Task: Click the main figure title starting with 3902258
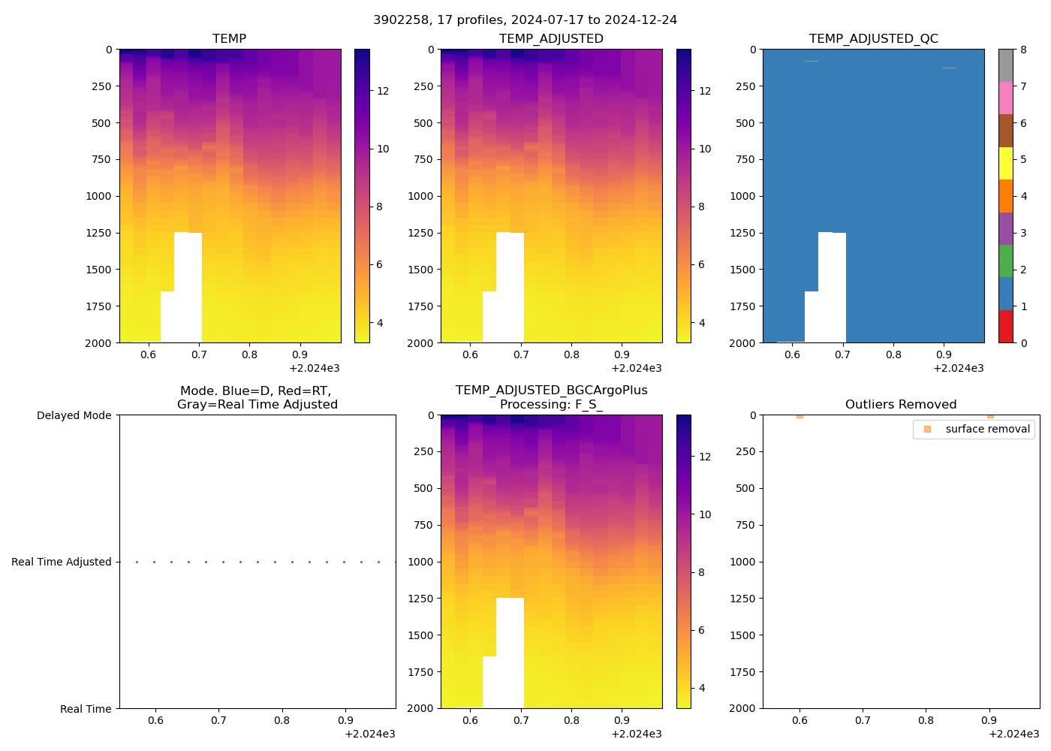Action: coord(525,20)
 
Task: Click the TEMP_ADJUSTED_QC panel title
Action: coord(873,38)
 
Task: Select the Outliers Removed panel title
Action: coord(901,404)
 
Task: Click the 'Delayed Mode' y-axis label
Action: coord(74,415)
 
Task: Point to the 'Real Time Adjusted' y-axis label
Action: coord(61,562)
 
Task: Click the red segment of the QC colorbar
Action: coord(1006,327)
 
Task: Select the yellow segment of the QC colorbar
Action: coord(1006,163)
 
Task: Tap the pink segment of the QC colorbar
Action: coord(1006,98)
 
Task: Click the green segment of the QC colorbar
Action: coord(1006,261)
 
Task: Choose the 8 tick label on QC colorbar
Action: coord(1023,50)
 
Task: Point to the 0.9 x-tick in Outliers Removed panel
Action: coord(989,720)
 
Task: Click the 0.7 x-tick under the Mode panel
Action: coord(218,720)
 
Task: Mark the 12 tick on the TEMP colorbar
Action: coord(383,91)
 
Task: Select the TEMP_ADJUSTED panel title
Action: coord(551,38)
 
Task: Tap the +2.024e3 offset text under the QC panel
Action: coord(958,368)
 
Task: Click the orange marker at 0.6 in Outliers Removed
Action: coord(800,415)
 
